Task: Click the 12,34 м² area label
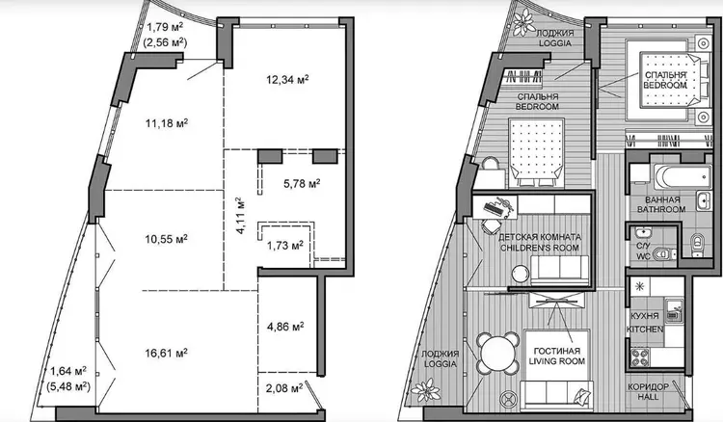pos(287,80)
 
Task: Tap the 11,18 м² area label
pos(167,123)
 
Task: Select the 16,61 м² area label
pos(166,354)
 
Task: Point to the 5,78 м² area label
pos(302,183)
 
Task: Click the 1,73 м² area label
pos(285,246)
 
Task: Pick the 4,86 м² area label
pos(285,327)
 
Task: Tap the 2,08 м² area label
pos(284,388)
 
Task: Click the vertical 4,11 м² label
pos(240,216)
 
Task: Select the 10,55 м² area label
pos(166,239)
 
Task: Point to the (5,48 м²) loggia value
pos(68,386)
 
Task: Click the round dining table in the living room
pos(496,353)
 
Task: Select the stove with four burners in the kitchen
pos(639,357)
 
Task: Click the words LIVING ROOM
pos(556,361)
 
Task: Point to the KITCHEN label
pos(645,330)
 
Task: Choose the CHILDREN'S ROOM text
pos(540,248)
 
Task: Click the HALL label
pos(648,397)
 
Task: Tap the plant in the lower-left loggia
pos(426,390)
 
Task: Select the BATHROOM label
pos(661,209)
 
